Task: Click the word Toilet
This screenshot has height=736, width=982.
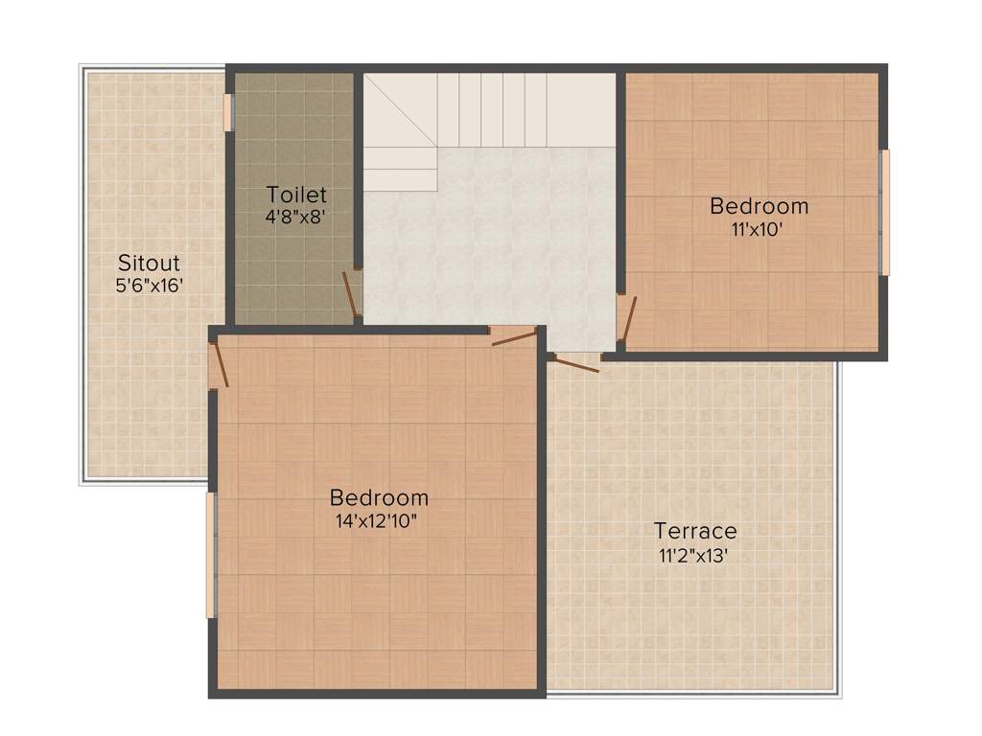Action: click(x=296, y=195)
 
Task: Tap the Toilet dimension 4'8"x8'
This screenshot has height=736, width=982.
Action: click(x=296, y=217)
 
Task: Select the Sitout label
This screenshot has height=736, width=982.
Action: click(x=149, y=263)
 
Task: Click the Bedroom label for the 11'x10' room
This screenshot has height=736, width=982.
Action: click(x=759, y=206)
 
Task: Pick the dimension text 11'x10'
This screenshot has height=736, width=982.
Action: click(x=759, y=228)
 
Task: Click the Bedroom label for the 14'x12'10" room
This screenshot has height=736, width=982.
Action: click(x=379, y=498)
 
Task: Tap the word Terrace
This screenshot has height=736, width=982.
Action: click(x=695, y=531)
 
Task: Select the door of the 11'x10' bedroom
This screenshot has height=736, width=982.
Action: click(x=626, y=318)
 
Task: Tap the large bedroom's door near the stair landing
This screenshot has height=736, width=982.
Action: click(x=513, y=334)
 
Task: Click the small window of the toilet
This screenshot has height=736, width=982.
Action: click(x=228, y=111)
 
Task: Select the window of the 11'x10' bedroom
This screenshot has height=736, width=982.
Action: click(x=885, y=212)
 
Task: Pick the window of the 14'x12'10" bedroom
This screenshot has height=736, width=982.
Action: click(x=211, y=555)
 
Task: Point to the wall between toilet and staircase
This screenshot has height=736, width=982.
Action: click(x=359, y=172)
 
